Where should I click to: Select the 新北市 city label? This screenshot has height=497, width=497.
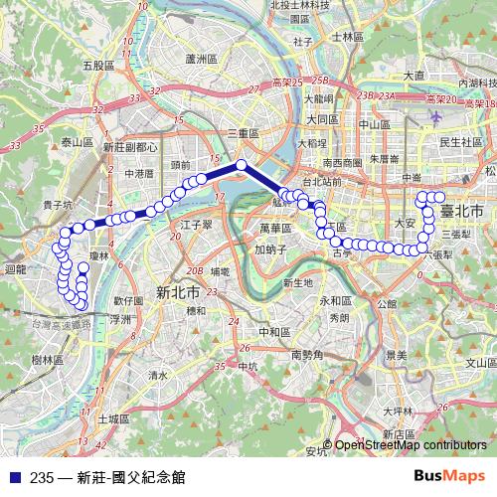point(178,292)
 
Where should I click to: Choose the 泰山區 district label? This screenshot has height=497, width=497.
point(77,143)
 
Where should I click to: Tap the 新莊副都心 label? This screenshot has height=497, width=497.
point(130,146)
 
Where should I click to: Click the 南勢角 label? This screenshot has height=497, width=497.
point(309,353)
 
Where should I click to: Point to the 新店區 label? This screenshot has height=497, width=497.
point(398,434)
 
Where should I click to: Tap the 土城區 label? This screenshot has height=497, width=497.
point(115,418)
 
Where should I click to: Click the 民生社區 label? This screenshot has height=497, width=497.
point(460,142)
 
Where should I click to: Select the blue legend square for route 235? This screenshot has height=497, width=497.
point(13,477)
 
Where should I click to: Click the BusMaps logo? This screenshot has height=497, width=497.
point(449,476)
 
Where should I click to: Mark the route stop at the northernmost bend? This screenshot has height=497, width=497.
point(241,165)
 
